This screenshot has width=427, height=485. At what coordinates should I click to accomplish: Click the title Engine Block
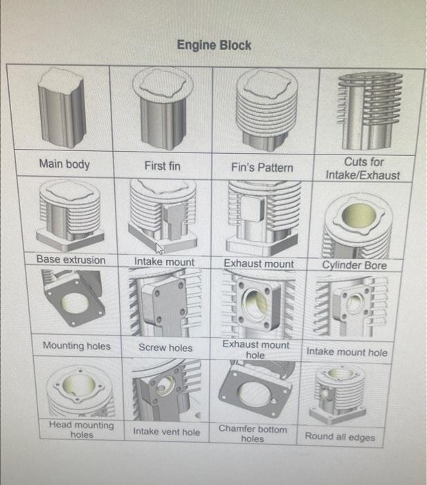point(214,45)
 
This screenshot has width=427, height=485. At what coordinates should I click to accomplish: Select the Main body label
point(64,164)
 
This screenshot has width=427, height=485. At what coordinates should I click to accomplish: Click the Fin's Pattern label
point(262,167)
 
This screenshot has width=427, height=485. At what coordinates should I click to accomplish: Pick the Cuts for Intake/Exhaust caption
point(363,168)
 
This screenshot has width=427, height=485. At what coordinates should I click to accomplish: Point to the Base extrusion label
point(71,260)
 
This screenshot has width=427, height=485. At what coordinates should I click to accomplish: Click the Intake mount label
point(164,262)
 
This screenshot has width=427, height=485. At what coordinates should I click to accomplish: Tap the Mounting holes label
point(76,345)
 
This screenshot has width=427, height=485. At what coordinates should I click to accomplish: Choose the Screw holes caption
point(165,347)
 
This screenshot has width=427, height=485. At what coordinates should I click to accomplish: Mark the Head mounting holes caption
point(81,430)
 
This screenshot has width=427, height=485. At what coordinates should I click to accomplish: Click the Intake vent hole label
point(166,432)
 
